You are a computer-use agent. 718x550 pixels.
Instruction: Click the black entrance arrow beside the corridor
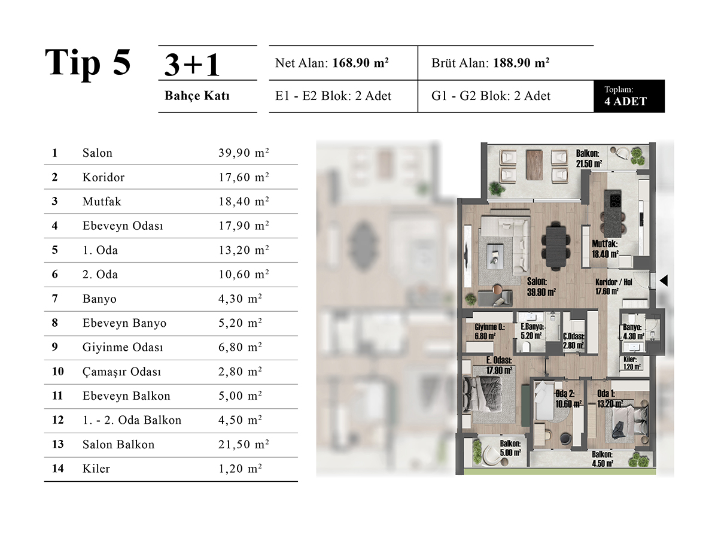(664, 281)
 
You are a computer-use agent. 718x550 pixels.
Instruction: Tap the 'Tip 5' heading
(88, 63)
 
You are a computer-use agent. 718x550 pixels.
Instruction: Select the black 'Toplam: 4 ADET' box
(629, 96)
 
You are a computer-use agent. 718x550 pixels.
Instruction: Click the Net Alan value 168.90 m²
(360, 63)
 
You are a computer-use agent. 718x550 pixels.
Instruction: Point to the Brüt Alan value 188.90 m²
(521, 63)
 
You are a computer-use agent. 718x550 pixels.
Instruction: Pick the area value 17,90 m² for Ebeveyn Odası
(244, 226)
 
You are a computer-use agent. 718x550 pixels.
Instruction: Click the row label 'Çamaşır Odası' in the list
(121, 372)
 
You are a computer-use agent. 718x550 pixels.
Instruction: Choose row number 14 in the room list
(58, 469)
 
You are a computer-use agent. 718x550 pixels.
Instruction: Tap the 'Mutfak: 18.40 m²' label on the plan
(606, 249)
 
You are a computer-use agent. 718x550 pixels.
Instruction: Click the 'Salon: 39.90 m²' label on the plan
(541, 287)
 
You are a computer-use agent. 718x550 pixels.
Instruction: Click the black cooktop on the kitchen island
(615, 199)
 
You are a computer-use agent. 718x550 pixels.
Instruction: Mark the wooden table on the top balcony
(534, 165)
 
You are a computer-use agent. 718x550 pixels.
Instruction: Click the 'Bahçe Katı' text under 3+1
(197, 96)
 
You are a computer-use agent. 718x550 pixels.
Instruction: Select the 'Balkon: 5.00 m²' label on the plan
(510, 448)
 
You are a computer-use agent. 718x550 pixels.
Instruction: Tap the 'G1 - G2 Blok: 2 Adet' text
(491, 96)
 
